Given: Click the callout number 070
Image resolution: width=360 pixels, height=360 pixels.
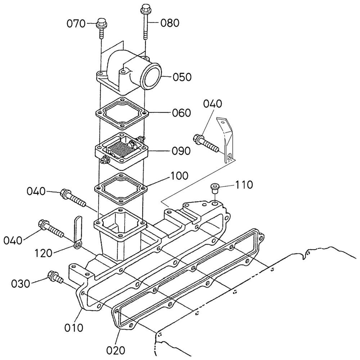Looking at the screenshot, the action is pos(76,23).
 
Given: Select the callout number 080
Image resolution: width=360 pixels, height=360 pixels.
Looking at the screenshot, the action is pos(170,23).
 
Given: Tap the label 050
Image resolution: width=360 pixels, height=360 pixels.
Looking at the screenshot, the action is pos(182,77).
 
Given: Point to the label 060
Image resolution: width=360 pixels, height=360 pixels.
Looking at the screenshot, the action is pos(181,113).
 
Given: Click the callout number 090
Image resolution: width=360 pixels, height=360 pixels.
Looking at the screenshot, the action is pos(181,151).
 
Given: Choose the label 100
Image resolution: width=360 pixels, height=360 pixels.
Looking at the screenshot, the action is pos(179,176).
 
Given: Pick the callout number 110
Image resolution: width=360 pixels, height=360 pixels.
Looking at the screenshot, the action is pos(244,185).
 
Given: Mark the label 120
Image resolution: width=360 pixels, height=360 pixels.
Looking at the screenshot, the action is pos(44,253).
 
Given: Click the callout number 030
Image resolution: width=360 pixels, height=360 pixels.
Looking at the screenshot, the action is pos(21,284).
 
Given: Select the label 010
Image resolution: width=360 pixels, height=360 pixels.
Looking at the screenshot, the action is pos(74,328).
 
